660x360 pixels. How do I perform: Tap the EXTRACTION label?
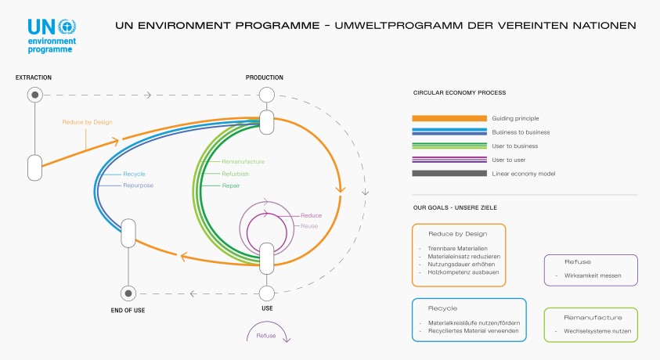33,77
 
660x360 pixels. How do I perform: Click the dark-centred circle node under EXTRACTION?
34,95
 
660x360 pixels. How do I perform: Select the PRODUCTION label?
265,77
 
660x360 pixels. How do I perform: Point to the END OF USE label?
128,311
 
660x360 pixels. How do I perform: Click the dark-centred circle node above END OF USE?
128,293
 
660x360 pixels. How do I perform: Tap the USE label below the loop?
266,308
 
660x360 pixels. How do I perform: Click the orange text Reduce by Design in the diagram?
87,123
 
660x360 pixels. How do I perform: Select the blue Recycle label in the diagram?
134,173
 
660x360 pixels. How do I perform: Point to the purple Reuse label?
309,225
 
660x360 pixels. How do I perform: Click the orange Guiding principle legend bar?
445,117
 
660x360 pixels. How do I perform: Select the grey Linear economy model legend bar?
445,174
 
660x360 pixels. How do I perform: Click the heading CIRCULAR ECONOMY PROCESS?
460,92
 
